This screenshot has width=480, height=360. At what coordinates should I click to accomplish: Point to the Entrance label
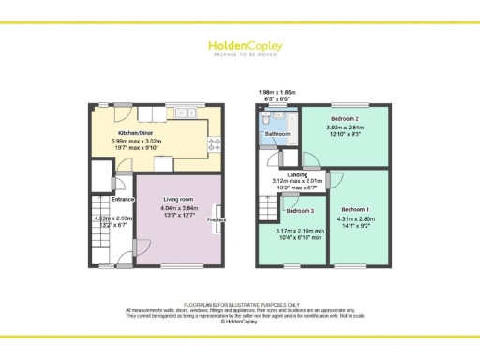(124, 199)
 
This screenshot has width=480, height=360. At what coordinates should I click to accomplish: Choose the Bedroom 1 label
(355, 208)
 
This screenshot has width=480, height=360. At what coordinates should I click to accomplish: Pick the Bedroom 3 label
(299, 211)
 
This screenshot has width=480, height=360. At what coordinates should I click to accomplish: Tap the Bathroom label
(277, 134)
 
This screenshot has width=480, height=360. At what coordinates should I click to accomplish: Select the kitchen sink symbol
(183, 112)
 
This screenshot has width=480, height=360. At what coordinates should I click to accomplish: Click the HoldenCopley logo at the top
(239, 45)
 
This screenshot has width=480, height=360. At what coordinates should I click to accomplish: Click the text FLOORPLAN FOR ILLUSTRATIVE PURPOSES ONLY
(239, 305)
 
